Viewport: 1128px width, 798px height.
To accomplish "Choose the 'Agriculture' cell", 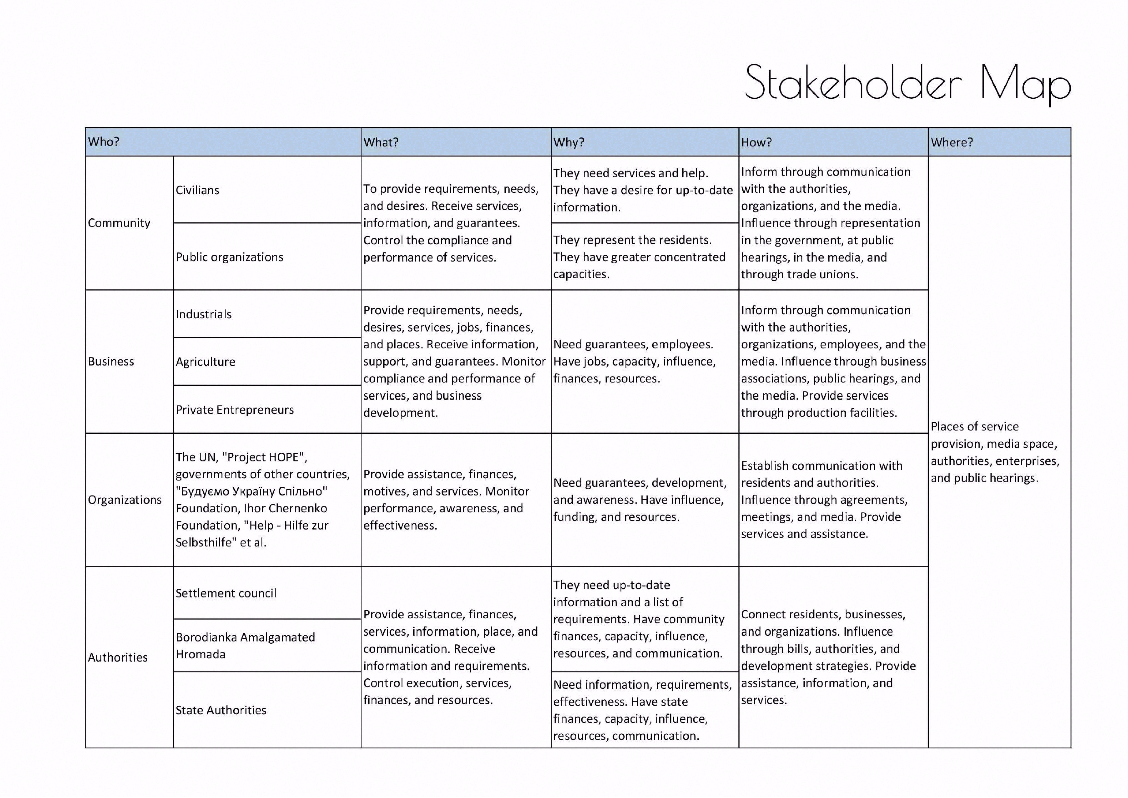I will (x=205, y=362).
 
